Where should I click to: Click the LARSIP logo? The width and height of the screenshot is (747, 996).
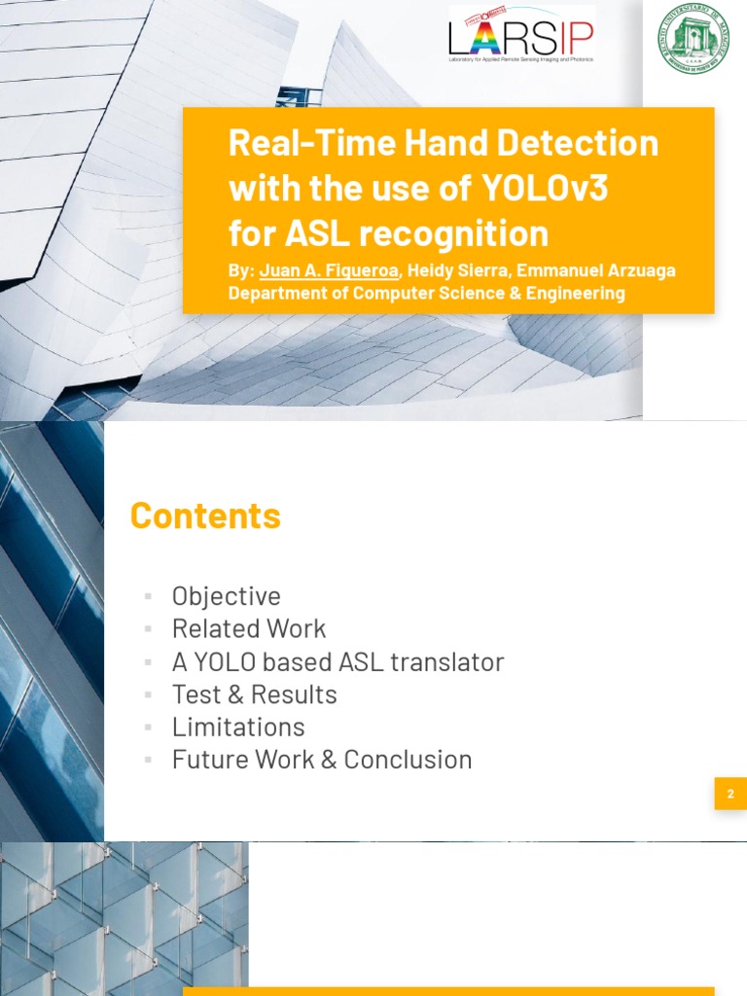tap(520, 38)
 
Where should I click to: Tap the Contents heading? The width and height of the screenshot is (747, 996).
tap(205, 516)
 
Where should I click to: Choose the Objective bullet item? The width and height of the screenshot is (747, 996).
tap(226, 596)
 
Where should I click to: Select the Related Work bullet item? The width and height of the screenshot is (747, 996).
tap(249, 628)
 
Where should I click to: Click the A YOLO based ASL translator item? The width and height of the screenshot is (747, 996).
tap(338, 661)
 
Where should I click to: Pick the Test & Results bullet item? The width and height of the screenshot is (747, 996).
tap(254, 694)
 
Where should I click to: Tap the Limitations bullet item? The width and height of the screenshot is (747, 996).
tap(238, 727)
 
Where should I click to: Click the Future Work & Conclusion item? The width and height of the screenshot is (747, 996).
tap(322, 760)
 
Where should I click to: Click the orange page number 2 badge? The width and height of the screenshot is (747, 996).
tap(730, 794)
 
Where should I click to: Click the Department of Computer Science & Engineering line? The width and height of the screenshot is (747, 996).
tap(426, 293)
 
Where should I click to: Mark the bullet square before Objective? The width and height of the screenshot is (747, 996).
tap(148, 596)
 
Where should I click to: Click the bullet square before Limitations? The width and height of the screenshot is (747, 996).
tap(148, 727)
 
